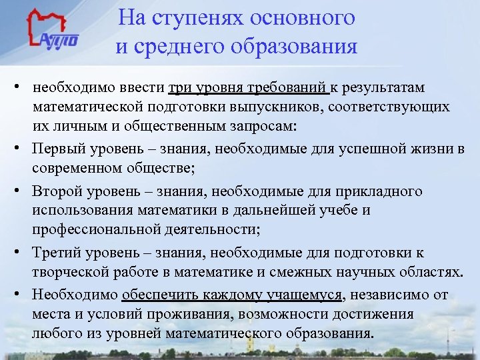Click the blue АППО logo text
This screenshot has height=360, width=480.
click(x=59, y=39)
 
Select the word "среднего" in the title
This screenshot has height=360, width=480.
click(x=177, y=47)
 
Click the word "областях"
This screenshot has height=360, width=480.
click(x=429, y=273)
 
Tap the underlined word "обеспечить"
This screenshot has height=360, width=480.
click(x=160, y=295)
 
